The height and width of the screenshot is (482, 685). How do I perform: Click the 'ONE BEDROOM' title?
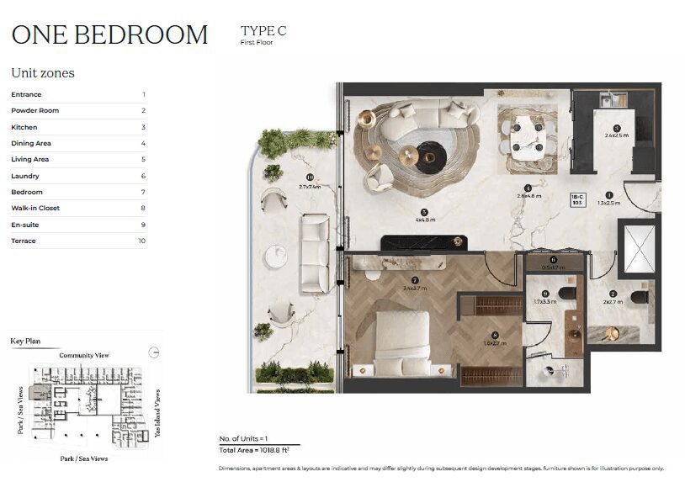pos(109,34)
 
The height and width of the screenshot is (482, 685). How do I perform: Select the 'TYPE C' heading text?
pos(263,31)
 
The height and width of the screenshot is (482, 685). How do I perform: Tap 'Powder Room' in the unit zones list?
pos(35,111)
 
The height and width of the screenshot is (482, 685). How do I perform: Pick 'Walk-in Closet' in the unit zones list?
pos(35,209)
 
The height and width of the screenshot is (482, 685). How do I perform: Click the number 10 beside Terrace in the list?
pos(141,241)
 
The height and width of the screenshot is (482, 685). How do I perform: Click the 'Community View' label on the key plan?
pos(83,356)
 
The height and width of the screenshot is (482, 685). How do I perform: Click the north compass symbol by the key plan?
pos(152,353)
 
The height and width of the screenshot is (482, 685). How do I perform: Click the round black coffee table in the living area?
pos(432,156)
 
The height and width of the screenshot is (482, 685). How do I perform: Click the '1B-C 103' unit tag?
pos(577,199)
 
